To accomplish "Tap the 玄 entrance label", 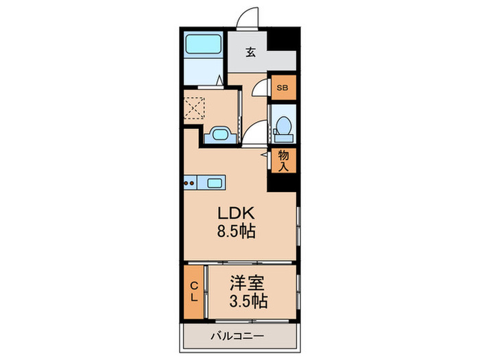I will point(250,52).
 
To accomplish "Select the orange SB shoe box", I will point(281,87).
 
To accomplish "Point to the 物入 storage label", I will point(283,160).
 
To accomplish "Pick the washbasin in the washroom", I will point(221,134).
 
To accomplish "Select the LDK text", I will point(237,213).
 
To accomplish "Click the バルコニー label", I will point(237,336).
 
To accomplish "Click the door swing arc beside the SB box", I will point(260,89).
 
